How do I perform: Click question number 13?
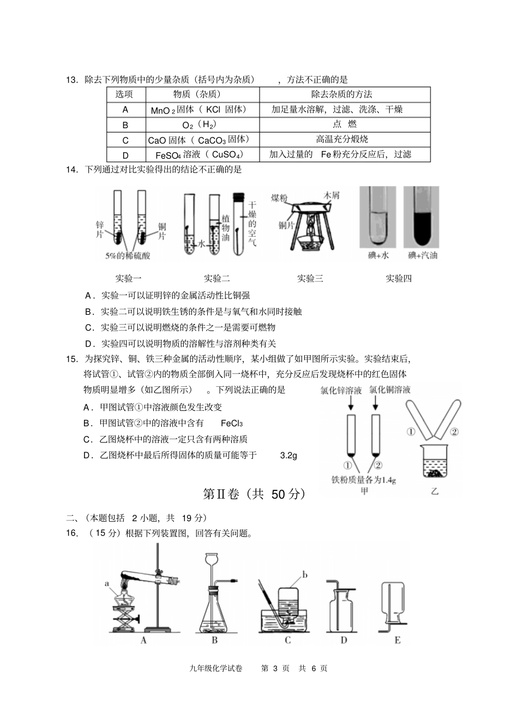point(73,80)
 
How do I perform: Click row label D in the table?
point(125,155)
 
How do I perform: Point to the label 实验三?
point(310,279)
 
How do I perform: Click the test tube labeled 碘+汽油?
point(422,216)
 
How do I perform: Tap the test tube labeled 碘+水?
point(378,216)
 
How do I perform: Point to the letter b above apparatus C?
point(305,575)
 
